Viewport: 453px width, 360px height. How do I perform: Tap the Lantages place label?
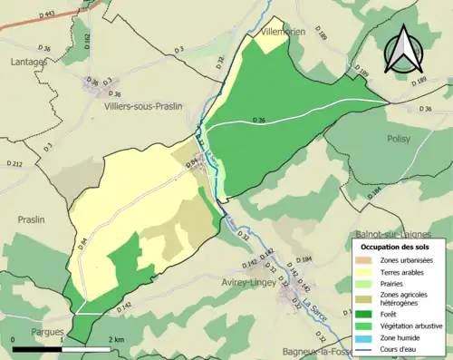(x=30, y=62)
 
